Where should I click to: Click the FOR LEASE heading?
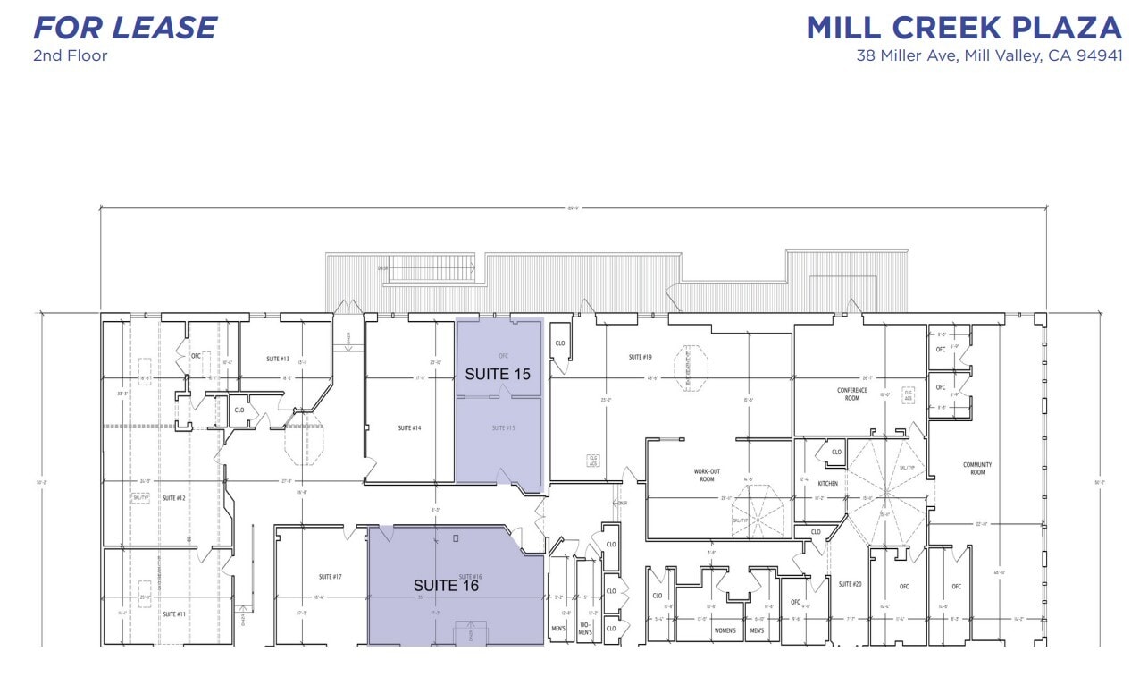pos(124,28)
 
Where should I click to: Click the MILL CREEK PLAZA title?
pos(963,28)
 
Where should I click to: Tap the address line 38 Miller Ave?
pos(988,56)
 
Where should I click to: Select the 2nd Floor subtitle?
pos(70,55)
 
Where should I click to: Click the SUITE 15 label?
pos(498,374)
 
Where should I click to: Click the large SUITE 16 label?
pos(446,586)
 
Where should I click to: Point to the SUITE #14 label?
pos(410,428)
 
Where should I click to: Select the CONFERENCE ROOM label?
pos(851,394)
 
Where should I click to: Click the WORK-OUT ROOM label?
pos(707,474)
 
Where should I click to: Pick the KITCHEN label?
pos(828,483)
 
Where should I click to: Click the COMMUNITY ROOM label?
pos(977,468)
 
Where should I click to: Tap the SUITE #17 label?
pos(330,576)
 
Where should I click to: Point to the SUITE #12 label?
pos(173,498)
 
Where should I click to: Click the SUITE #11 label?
pos(173,614)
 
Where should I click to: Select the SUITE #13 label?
pos(278,359)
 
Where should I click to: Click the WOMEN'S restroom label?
pos(725,630)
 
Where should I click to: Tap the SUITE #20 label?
pos(850,584)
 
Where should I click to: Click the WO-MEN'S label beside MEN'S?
pos(585,629)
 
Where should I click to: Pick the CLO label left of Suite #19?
pos(560,343)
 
